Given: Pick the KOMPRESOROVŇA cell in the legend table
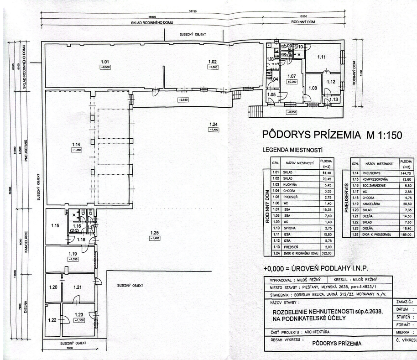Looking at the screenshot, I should [377, 178].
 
